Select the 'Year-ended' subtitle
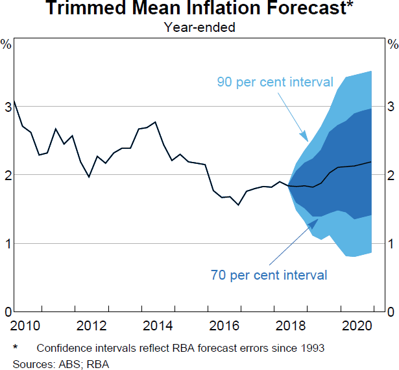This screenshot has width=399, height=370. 199,27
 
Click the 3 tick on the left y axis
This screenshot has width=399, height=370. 6,106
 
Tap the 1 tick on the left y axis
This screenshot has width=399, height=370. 6,244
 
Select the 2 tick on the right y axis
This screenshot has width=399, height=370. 391,175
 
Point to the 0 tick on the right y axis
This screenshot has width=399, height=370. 391,312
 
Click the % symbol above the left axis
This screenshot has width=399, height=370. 6,45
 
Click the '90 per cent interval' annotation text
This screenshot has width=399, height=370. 275,83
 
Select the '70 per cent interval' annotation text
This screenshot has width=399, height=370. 269,275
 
